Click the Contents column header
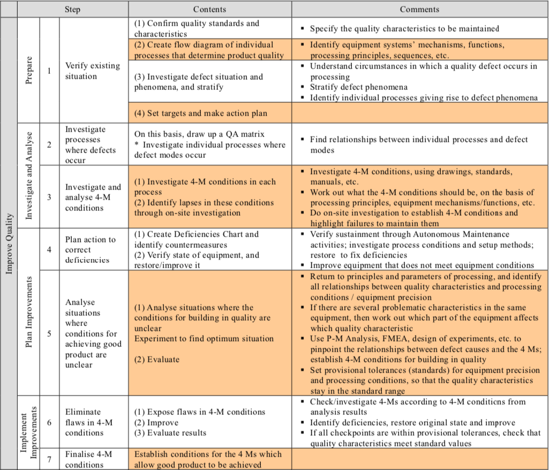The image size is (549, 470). (209, 9)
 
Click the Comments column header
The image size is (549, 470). (419, 9)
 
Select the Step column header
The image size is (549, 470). (73, 9)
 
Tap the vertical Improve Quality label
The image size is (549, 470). (9, 244)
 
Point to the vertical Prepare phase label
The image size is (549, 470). (29, 70)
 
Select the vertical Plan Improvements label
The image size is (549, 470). (29, 311)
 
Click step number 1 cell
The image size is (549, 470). (49, 71)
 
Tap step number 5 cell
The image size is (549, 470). (49, 333)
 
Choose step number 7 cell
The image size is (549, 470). (49, 459)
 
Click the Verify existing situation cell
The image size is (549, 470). (92, 71)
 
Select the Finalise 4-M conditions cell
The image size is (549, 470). (88, 459)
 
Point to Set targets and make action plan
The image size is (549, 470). (200, 113)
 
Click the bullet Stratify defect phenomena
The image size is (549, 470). (358, 87)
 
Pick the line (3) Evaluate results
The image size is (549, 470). (170, 433)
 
